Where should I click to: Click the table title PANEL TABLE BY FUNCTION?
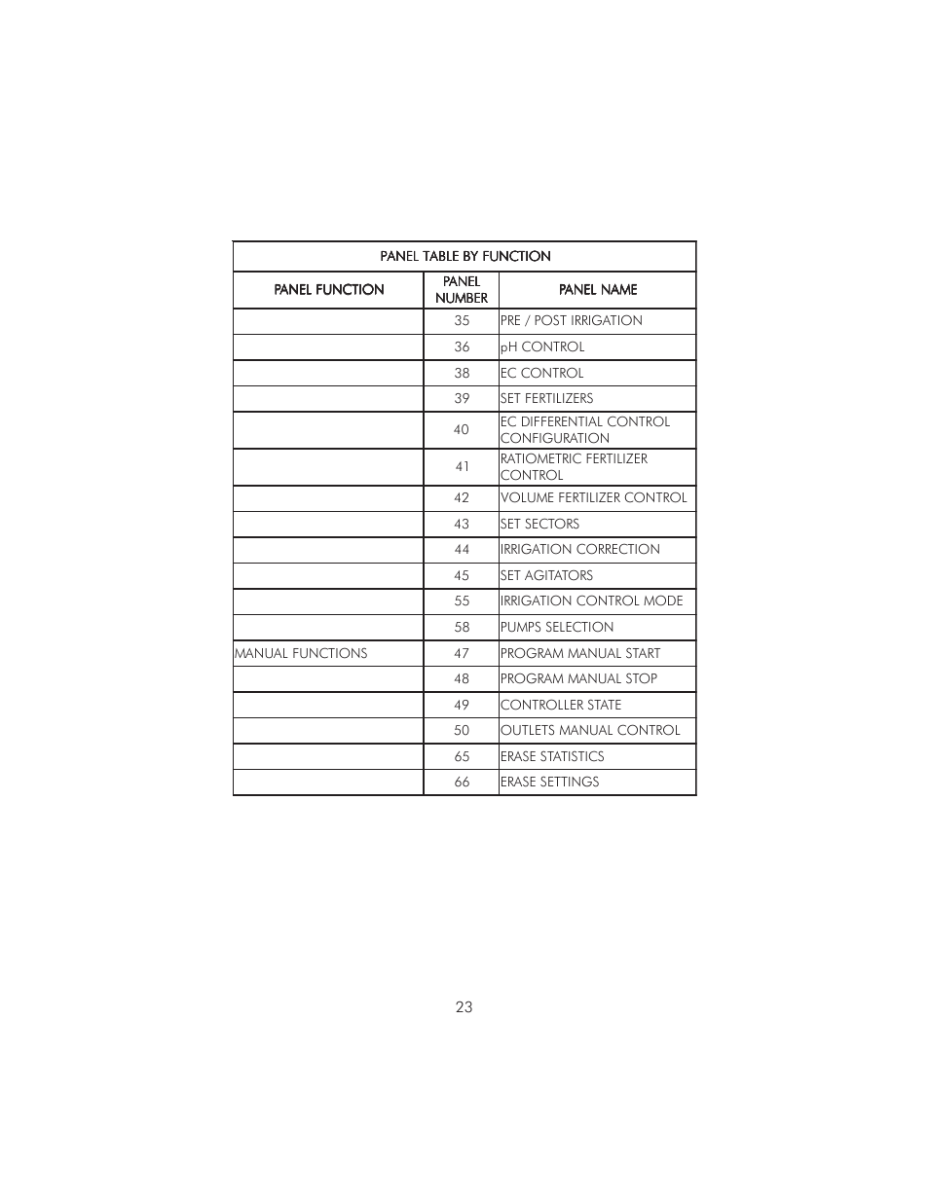coord(464,256)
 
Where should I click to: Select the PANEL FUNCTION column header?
coord(328,289)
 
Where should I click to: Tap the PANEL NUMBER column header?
coord(462,290)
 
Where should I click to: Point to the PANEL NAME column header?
coord(598,289)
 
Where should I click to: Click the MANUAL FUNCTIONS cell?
coord(301,653)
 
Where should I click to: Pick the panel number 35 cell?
coord(462,320)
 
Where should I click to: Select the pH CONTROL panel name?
coord(542,346)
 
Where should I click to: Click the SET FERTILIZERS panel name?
coord(546,398)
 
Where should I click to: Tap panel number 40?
coord(462,429)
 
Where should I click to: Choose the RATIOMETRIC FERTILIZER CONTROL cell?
coord(574,466)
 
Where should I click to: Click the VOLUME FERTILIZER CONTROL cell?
coord(593,497)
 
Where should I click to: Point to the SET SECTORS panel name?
coord(539,524)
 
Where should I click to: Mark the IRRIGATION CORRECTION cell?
coord(579,549)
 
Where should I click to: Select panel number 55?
coord(462,601)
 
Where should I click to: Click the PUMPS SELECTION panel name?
coord(557,627)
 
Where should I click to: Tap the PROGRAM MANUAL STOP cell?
coord(578,678)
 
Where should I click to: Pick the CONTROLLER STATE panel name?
coord(561,705)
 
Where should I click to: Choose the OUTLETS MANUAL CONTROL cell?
coord(590,730)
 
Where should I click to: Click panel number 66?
coord(462,782)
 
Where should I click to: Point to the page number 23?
coord(464,1006)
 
